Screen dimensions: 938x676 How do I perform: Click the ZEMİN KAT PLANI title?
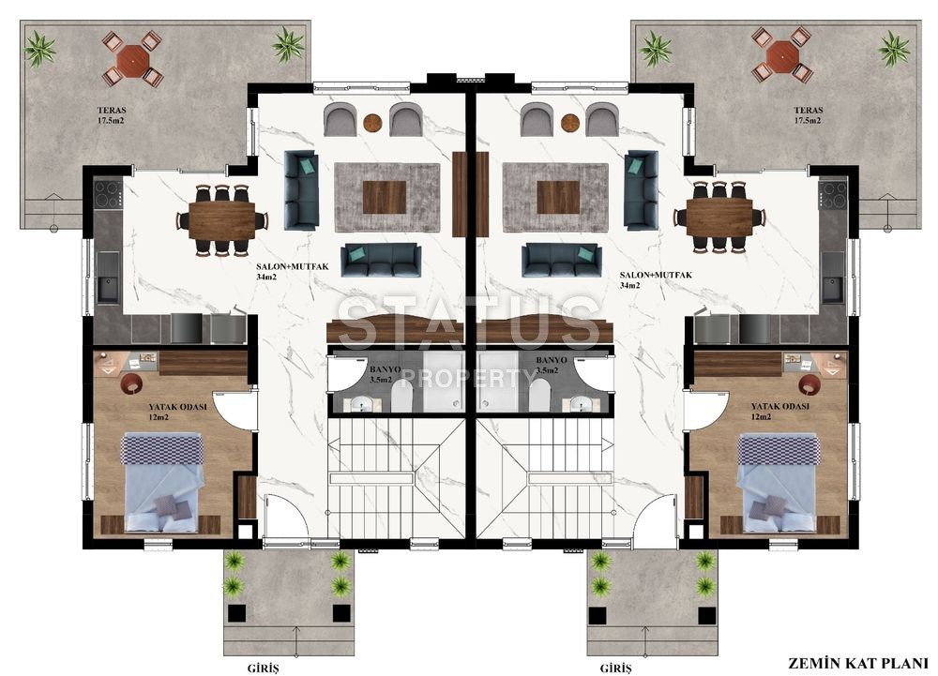(857, 663)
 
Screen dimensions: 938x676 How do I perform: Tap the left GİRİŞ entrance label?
(264, 668)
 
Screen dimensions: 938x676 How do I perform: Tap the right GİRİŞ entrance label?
(615, 668)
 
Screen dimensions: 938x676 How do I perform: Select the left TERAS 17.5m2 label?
(112, 115)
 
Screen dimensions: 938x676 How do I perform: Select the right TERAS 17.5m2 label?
(809, 115)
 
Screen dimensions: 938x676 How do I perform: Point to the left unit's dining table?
(222, 220)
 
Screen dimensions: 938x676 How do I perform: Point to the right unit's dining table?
(719, 218)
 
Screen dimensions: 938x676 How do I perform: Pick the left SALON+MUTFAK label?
(292, 271)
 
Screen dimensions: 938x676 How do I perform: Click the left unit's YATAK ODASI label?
(177, 412)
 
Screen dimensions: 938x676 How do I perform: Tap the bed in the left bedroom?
(161, 482)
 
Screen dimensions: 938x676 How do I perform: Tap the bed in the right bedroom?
(778, 482)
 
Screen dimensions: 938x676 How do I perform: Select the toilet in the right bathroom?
(539, 395)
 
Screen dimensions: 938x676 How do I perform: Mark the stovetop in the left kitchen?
(109, 194)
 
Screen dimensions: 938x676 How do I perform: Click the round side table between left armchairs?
(372, 123)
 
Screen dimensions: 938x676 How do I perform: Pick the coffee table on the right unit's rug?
(558, 197)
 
